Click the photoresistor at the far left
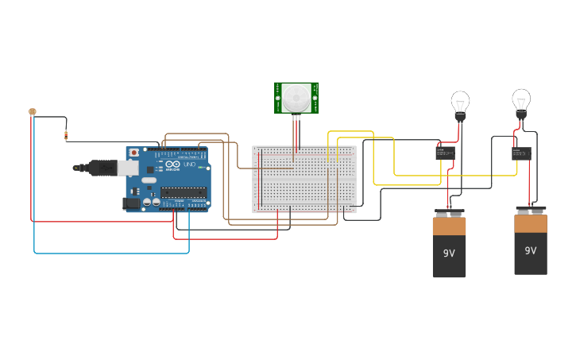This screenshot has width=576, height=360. point(33,112)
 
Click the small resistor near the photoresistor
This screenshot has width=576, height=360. point(66,136)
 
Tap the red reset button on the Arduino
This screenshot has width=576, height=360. point(134,152)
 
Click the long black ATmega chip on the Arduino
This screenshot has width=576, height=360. point(184,192)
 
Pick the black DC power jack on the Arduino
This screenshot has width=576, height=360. point(131,203)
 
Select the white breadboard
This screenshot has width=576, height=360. point(304,180)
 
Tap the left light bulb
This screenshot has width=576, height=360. point(460,103)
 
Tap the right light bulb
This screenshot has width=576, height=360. point(520,100)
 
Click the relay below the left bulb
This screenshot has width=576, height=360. point(445,151)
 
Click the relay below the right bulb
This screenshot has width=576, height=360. point(521,153)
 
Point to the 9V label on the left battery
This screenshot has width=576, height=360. point(449,253)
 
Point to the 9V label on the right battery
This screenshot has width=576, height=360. point(531,250)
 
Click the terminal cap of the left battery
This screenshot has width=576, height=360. point(449,213)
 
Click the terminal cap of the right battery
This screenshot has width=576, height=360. point(531,210)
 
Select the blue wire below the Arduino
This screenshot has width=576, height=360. point(111,253)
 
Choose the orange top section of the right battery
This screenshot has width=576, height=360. point(531,223)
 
